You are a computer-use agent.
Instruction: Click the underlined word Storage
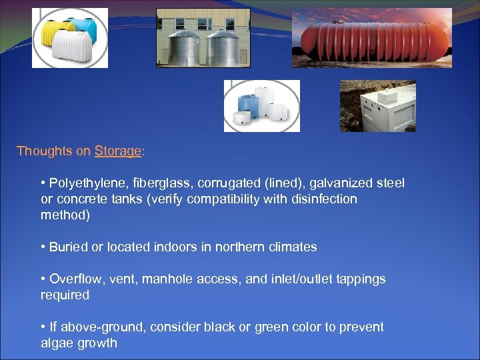point(118,151)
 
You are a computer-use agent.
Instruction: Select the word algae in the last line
point(57,343)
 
